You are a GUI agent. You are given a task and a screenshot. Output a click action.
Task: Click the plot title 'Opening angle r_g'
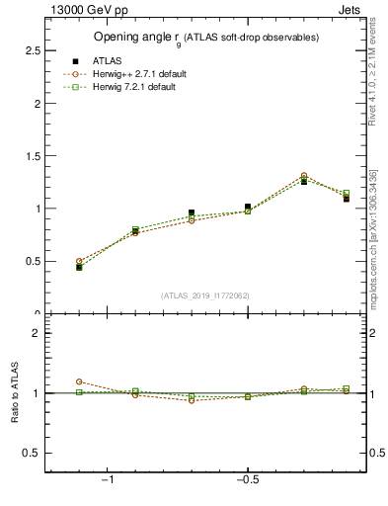click(x=205, y=38)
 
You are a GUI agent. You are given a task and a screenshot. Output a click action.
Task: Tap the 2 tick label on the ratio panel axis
click(x=36, y=333)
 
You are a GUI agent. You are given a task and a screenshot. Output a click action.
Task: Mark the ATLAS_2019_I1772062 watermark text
click(x=205, y=295)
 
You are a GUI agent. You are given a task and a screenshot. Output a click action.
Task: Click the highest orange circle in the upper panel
click(x=303, y=176)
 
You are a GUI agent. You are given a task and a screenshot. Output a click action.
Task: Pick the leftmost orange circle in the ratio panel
click(x=79, y=381)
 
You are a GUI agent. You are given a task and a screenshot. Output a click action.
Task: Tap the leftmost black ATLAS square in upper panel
click(x=79, y=267)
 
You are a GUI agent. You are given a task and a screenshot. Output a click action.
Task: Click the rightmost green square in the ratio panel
click(x=346, y=388)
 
